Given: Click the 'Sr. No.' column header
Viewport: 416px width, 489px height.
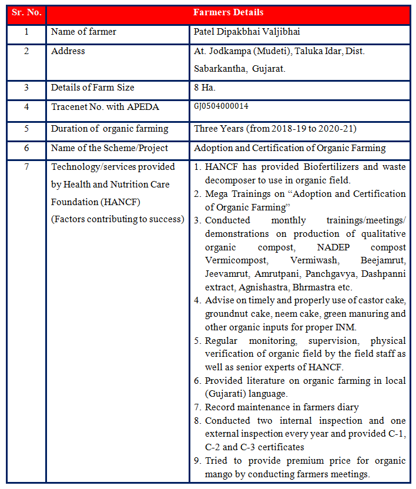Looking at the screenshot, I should pyautogui.click(x=26, y=12).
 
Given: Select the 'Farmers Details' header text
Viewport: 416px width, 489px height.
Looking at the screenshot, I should pyautogui.click(x=229, y=12).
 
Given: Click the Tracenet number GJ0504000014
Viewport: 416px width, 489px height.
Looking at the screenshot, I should pyautogui.click(x=221, y=106).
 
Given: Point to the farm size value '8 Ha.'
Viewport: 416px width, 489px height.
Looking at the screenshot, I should pyautogui.click(x=204, y=88).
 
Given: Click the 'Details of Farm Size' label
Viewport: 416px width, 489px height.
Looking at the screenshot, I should pyautogui.click(x=93, y=88).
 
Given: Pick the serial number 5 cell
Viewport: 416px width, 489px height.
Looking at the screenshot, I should pyautogui.click(x=26, y=129).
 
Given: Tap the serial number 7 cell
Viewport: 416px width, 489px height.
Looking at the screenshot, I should pyautogui.click(x=26, y=167).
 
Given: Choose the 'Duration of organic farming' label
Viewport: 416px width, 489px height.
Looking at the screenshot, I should pyautogui.click(x=110, y=129).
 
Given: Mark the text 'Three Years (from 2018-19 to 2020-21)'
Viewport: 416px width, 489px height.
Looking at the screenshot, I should pyautogui.click(x=275, y=129).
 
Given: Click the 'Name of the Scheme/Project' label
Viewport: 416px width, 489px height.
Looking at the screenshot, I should pyautogui.click(x=109, y=148).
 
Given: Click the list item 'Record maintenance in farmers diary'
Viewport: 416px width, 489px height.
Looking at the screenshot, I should pyautogui.click(x=281, y=407).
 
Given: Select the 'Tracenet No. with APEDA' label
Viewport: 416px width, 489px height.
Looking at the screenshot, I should pyautogui.click(x=105, y=107).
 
